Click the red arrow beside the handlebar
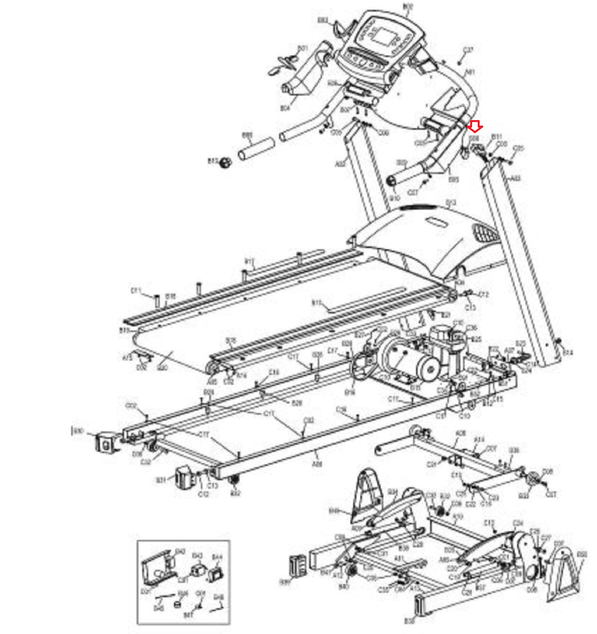click(475, 127)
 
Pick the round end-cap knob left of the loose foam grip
click(225, 162)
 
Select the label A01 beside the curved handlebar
click(470, 73)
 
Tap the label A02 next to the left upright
click(340, 164)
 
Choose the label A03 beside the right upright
click(515, 179)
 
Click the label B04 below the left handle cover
click(285, 108)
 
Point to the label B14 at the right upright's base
click(568, 352)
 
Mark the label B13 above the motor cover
click(451, 203)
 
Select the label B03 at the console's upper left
click(323, 20)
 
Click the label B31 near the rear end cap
click(161, 480)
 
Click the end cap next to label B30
click(105, 442)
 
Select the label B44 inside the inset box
click(217, 557)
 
